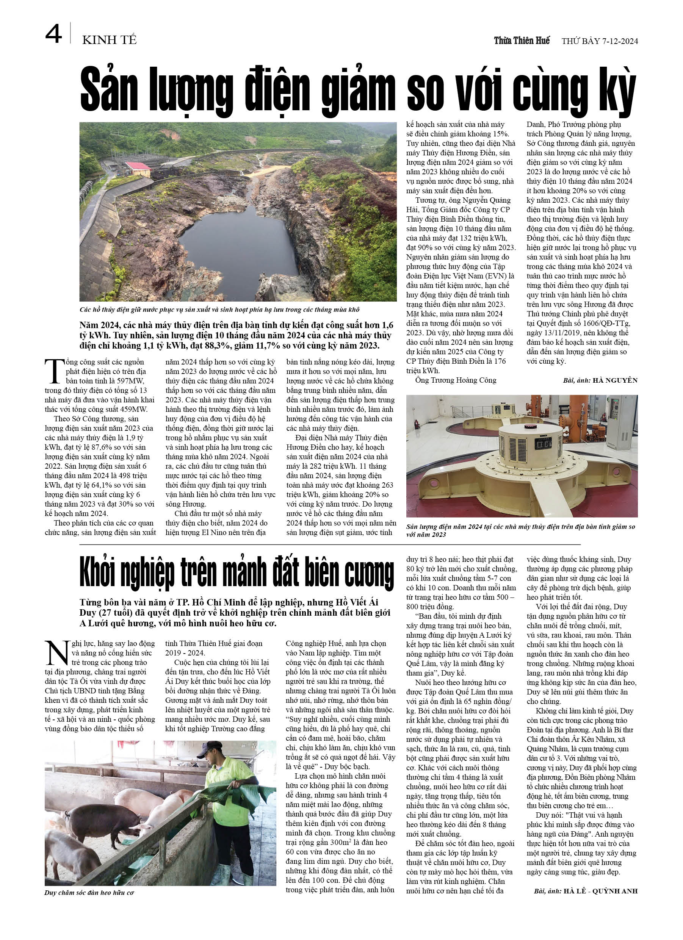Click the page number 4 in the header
click(x=53, y=34)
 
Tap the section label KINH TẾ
click(x=109, y=40)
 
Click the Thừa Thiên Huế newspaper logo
click(x=521, y=40)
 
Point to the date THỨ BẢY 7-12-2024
click(x=599, y=41)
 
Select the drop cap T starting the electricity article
click(x=54, y=371)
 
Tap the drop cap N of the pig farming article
click(x=56, y=653)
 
